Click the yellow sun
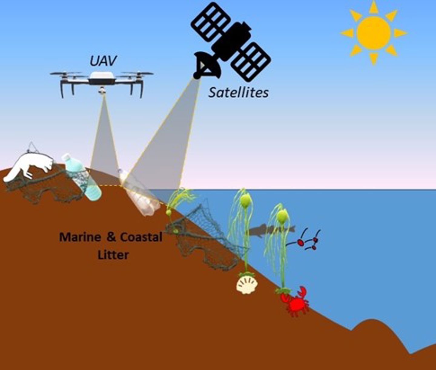[373, 33]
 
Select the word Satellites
[238, 92]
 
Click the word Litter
[113, 254]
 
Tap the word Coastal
[141, 237]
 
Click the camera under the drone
[102, 90]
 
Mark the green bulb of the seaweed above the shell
[245, 200]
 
